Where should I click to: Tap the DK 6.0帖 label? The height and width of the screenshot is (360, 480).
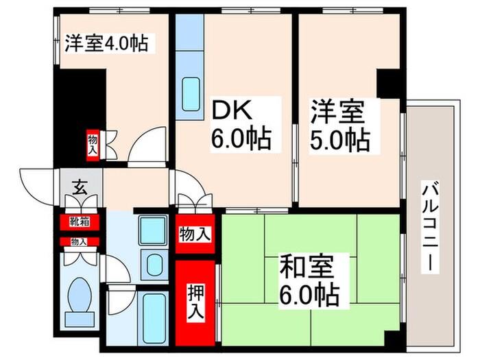click(x=240, y=125)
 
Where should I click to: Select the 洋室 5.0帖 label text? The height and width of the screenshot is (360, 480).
click(x=339, y=125)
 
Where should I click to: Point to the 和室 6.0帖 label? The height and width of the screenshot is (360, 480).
click(x=309, y=281)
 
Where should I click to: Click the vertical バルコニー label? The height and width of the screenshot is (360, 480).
click(x=430, y=226)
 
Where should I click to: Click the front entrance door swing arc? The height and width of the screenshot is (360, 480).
click(x=36, y=184)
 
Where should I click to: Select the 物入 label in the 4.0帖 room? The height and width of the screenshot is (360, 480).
click(x=93, y=145)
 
